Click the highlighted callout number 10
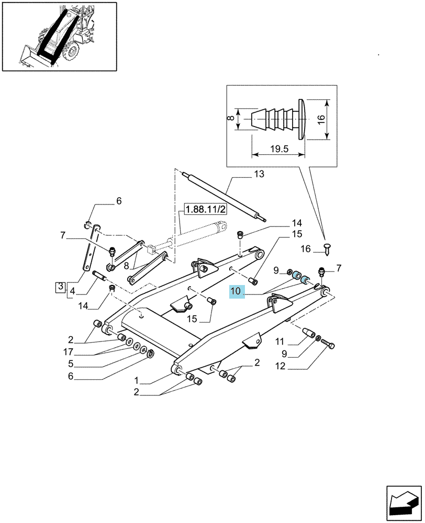[x=236, y=291]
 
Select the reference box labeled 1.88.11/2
[x=205, y=210]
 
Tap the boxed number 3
[x=60, y=287]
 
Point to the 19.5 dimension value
[x=279, y=149]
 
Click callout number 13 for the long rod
[x=259, y=174]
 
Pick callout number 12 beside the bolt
[x=281, y=366]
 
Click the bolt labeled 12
[x=328, y=344]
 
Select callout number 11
[x=280, y=342]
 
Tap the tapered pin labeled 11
[x=308, y=333]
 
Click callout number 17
[x=68, y=351]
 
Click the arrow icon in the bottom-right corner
[x=404, y=503]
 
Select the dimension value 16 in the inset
[x=320, y=119]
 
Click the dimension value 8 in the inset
[x=229, y=118]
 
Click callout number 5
[x=71, y=363]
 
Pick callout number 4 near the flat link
[x=72, y=291]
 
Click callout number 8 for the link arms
[x=126, y=266]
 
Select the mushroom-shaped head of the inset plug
[x=301, y=119]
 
